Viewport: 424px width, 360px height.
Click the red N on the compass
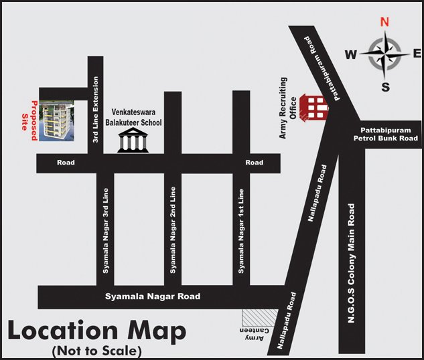384,21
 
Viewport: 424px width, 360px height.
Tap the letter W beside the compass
350,55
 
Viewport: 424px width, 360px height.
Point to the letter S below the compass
385,87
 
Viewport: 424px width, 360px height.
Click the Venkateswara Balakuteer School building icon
133,141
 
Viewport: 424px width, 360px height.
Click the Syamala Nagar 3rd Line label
106,231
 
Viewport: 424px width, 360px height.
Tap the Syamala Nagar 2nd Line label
173,231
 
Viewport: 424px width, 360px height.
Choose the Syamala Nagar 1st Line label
240,231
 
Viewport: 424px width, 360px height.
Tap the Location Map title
96,331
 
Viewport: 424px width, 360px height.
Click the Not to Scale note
96,351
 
